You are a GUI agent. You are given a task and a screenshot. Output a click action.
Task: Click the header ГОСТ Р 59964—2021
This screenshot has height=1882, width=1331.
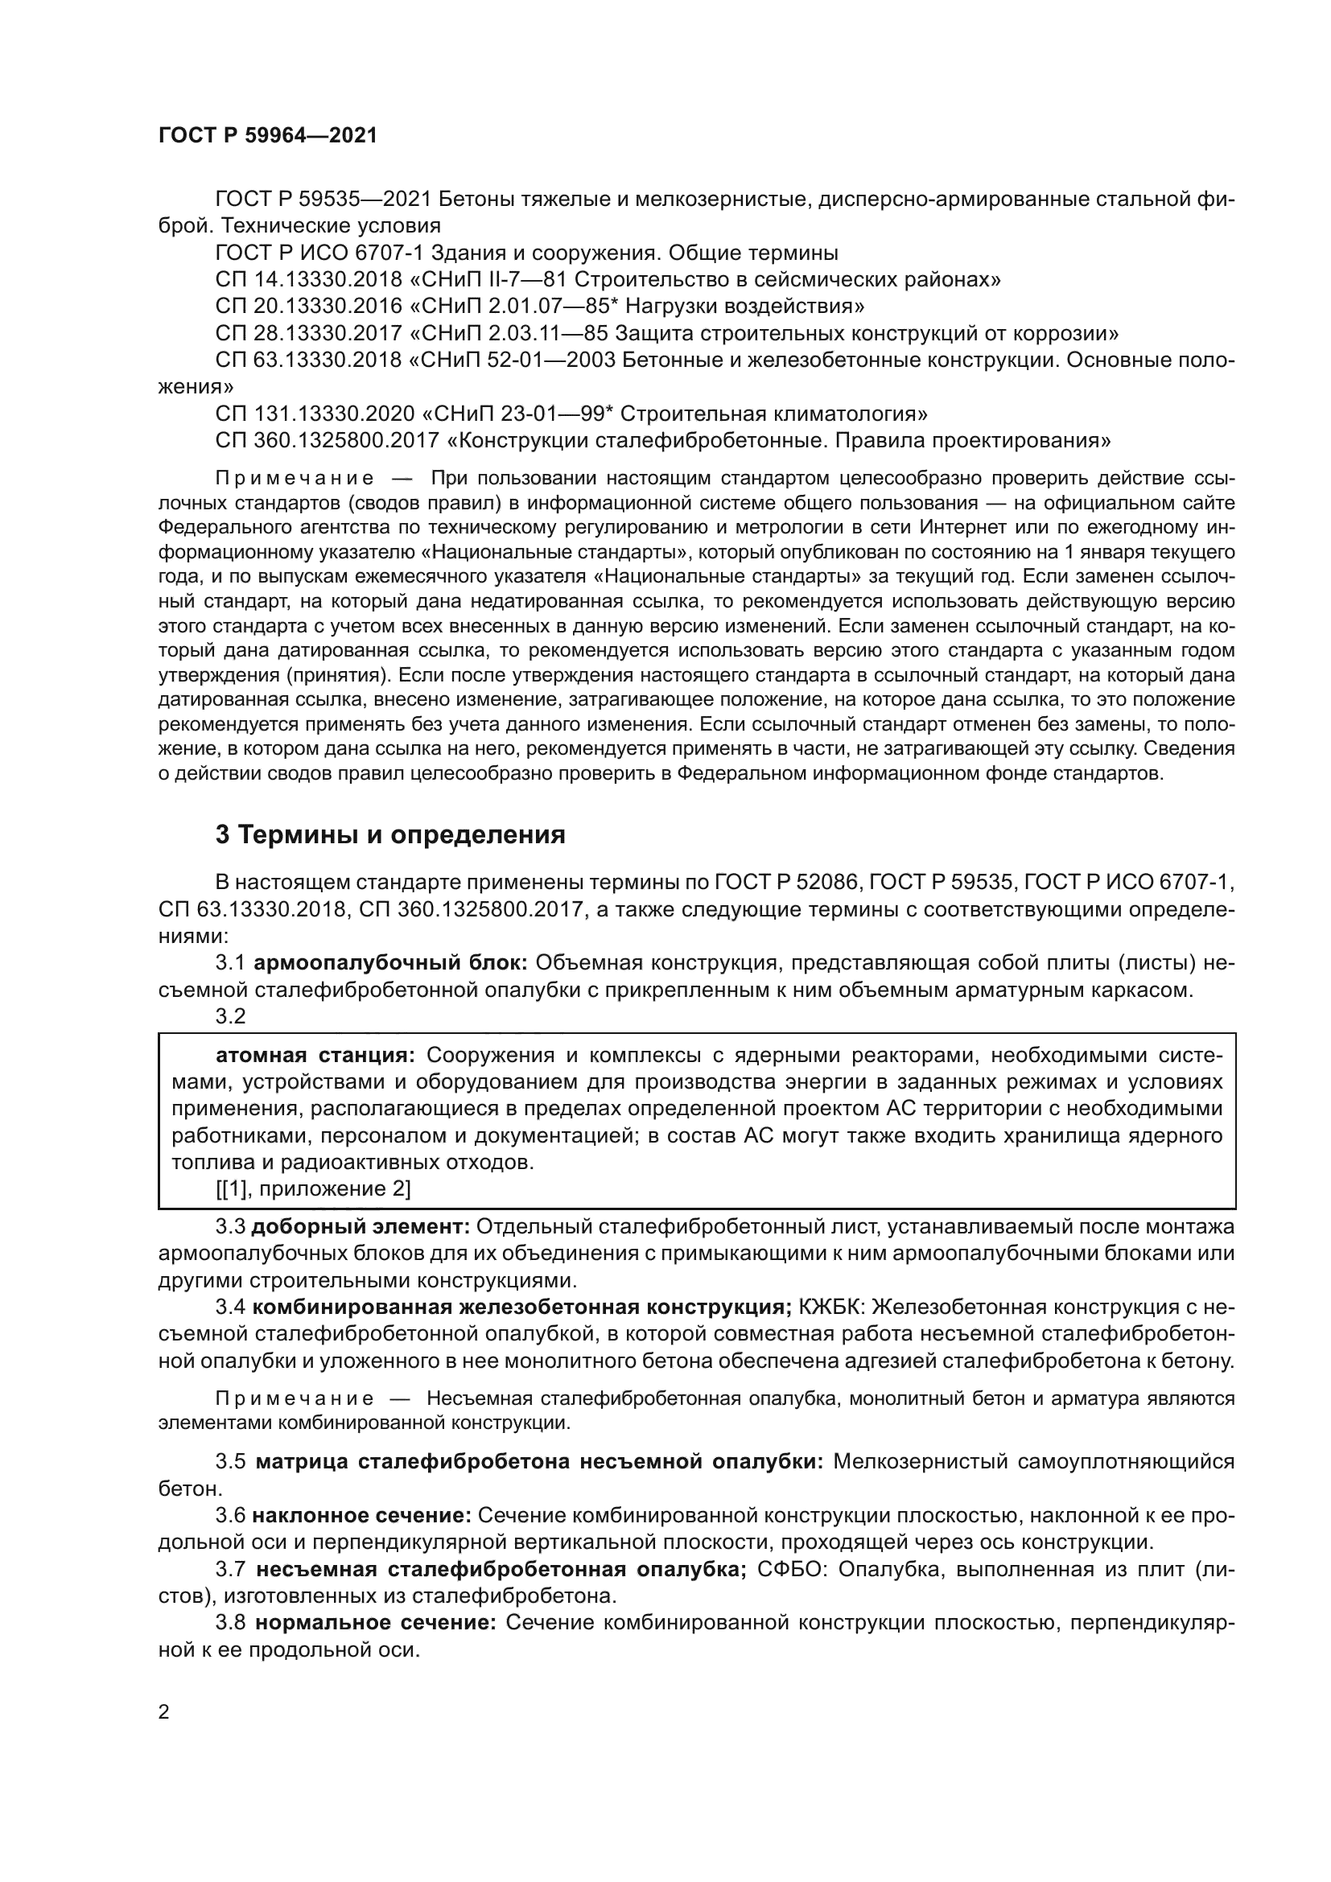(268, 135)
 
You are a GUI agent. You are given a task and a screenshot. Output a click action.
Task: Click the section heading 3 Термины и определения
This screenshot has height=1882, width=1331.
(390, 834)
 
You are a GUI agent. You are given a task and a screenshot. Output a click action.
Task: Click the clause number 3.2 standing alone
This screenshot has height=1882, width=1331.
(231, 1016)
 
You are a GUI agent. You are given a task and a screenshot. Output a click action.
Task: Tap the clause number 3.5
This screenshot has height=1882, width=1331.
(231, 1461)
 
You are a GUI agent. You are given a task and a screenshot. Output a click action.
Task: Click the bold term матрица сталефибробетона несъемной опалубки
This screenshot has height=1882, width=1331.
(538, 1461)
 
